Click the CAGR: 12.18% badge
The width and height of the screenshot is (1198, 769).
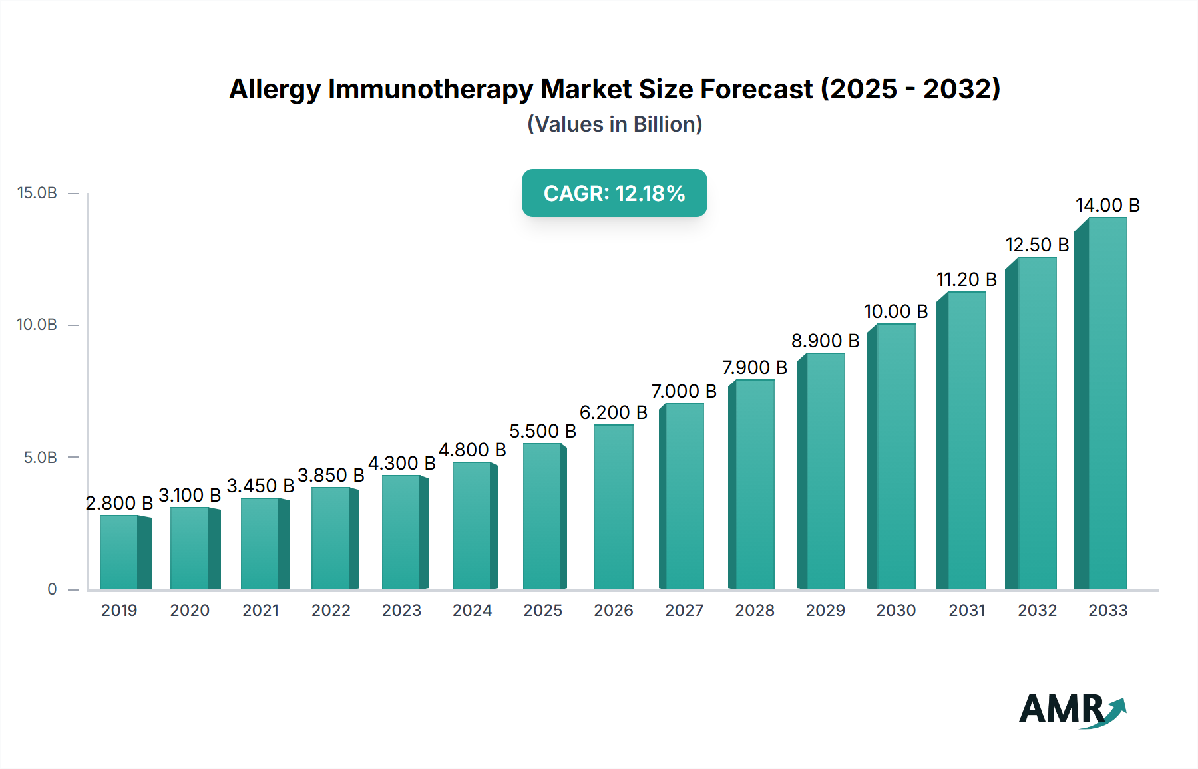614,193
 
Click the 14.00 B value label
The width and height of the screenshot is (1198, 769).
1107,205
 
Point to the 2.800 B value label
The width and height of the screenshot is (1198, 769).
119,503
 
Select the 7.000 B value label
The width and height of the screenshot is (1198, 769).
684,391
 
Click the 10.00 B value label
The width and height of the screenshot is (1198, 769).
895,311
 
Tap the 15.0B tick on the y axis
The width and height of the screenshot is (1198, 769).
37,193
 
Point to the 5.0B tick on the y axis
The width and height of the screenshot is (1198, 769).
41,458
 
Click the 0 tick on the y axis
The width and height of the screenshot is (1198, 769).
52,589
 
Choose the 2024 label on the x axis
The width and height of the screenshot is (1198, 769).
472,610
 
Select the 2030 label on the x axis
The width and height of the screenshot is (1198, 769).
896,610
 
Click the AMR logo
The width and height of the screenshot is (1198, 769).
1072,710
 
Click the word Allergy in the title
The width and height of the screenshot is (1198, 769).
275,89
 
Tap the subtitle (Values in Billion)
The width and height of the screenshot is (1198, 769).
614,124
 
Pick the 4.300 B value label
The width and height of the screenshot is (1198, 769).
401,463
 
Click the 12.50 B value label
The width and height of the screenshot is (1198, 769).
1036,245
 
